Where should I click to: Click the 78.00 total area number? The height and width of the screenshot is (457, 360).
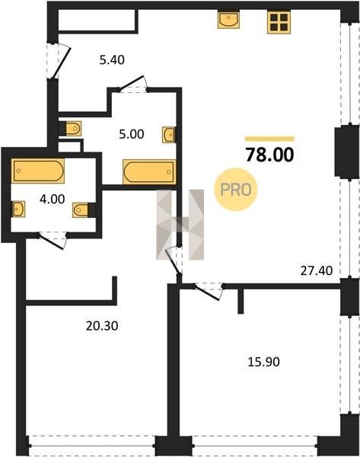[269, 155]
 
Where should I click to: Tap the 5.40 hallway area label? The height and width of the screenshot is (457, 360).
[112, 59]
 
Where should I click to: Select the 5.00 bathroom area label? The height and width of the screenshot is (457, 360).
[132, 134]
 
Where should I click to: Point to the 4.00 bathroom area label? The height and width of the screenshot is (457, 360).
[53, 199]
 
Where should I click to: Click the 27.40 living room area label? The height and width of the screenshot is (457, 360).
[317, 270]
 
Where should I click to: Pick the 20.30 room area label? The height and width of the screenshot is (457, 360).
[102, 325]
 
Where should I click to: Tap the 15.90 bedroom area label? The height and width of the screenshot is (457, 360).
[263, 362]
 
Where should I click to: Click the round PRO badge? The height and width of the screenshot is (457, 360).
[236, 190]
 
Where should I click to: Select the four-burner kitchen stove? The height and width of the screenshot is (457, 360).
[279, 22]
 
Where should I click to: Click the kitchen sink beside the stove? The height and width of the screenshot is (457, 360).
[228, 19]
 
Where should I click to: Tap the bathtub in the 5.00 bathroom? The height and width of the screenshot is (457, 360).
[149, 171]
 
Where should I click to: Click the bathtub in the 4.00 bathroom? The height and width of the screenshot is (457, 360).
[37, 171]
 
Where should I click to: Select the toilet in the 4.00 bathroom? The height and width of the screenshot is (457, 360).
[84, 210]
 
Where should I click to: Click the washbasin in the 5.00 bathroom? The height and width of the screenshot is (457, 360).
[169, 135]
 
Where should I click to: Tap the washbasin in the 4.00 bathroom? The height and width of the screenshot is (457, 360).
[18, 209]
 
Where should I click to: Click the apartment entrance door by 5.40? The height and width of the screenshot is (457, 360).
[59, 61]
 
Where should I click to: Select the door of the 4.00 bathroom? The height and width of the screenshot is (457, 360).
[53, 240]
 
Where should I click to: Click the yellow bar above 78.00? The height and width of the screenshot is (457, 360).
[269, 139]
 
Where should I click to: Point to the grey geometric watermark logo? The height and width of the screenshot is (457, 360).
[180, 225]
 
